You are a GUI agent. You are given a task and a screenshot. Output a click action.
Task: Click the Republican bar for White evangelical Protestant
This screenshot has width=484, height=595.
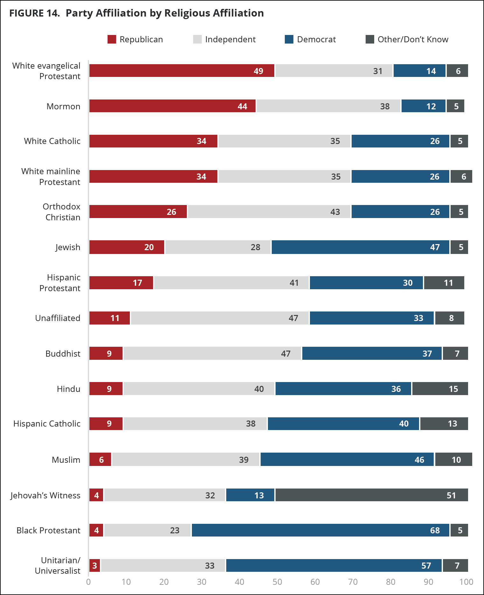182,71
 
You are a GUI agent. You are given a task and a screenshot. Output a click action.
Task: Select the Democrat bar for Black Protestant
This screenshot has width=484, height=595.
320,530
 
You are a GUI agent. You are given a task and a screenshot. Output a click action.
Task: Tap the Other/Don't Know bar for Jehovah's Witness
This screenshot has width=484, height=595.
372,495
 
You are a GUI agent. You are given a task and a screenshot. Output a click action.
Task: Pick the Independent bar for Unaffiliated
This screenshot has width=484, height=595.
220,318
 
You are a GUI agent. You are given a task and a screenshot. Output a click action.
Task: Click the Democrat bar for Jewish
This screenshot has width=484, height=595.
361,247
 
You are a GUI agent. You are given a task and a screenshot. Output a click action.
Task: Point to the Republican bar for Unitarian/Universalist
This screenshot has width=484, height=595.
95,565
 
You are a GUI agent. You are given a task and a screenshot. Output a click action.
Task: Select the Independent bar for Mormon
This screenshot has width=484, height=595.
328,106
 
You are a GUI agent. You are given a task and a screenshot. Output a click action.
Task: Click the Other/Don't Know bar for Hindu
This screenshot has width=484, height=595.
440,388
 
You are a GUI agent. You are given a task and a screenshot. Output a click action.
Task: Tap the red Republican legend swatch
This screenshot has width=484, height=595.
112,39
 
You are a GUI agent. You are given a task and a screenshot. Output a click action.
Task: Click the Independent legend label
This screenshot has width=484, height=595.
230,39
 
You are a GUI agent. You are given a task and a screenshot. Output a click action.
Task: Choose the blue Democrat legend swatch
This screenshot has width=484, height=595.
289,39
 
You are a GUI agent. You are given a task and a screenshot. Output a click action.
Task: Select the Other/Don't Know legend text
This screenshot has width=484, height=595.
413,39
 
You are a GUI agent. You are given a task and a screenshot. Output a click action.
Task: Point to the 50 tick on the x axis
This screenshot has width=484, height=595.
277,582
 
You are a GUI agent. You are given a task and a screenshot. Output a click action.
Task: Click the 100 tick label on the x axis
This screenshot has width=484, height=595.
466,582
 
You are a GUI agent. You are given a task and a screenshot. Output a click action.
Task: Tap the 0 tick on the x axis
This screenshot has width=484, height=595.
88,582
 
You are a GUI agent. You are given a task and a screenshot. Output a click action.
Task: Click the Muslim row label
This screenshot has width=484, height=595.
66,460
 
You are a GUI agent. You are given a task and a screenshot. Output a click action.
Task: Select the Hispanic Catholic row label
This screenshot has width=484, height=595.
47,424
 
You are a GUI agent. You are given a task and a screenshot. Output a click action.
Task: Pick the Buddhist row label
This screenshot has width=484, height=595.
63,353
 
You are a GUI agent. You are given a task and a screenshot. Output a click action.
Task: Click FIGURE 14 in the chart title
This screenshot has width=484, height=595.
34,13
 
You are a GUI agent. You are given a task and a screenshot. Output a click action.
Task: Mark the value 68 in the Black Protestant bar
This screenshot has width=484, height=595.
435,530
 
